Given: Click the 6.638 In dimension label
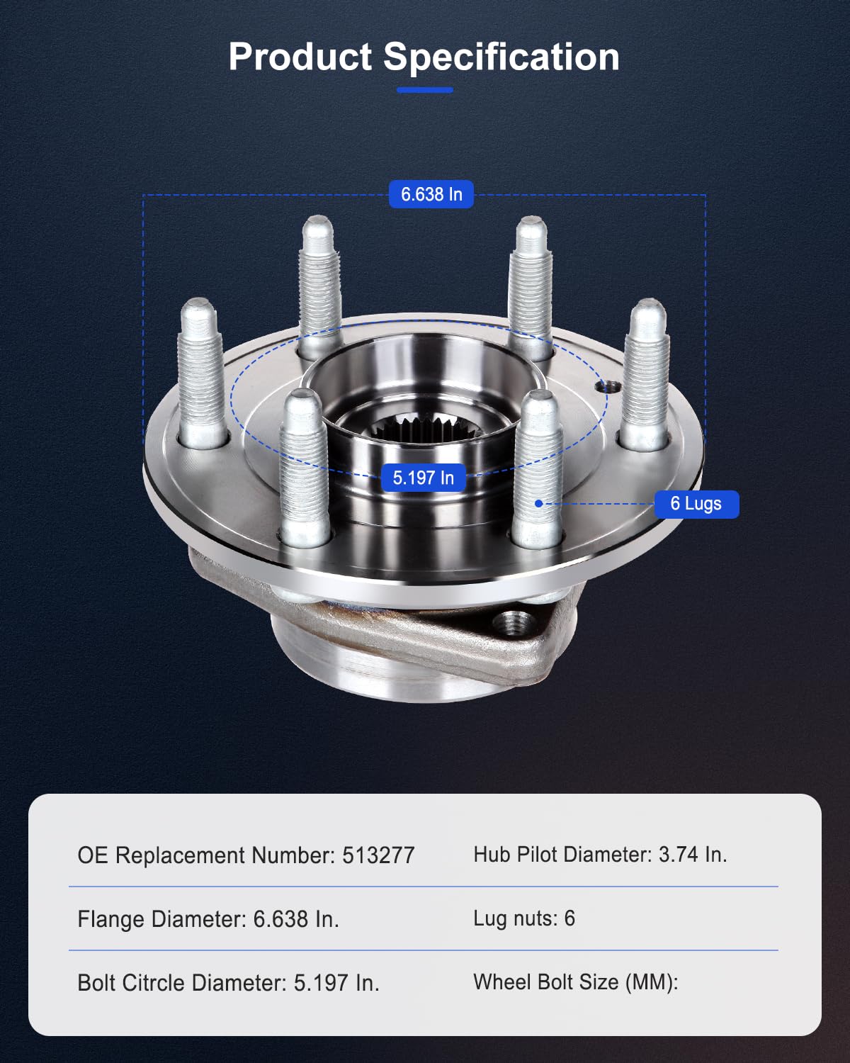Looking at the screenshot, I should pos(431,194).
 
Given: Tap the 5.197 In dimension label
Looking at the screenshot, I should pos(423,478).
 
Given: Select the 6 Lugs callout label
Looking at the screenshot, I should pos(696,504).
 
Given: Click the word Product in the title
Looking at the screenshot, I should pos(300,57).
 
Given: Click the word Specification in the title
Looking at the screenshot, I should pos(501,57).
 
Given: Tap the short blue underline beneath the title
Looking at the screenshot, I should pos(424,90).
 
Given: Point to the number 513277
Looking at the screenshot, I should pos(378,855).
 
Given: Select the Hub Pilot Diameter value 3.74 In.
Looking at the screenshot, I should pos(692,855).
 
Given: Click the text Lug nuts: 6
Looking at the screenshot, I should pos(523,918).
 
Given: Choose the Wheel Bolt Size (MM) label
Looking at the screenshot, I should pos(575,982).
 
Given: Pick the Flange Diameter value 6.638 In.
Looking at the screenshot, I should pos(296,919).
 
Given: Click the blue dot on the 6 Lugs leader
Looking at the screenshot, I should pos(538,503).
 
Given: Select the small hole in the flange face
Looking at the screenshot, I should pos(608,387).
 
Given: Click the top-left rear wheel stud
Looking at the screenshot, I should pos(319,283).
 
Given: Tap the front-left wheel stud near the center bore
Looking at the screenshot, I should pos(305,468).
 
